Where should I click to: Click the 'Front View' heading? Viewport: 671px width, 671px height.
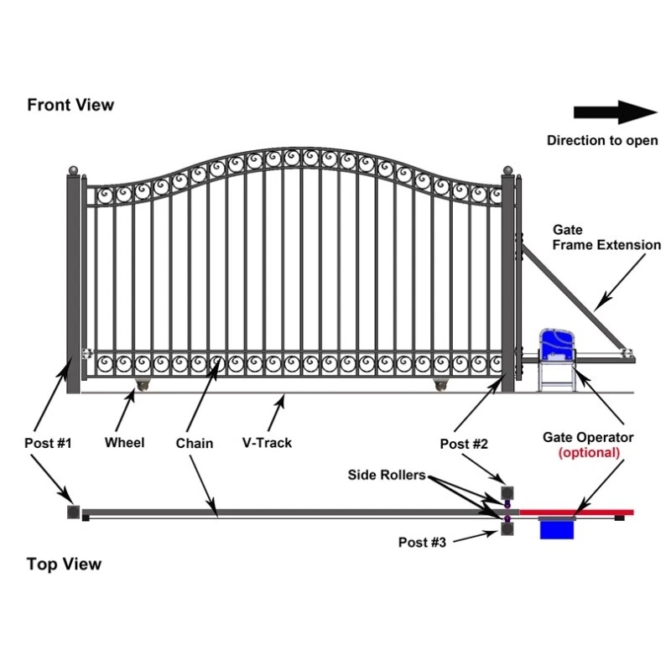coord(70,105)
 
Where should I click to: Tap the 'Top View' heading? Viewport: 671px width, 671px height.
coord(64,564)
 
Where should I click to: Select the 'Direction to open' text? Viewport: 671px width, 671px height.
coord(602,140)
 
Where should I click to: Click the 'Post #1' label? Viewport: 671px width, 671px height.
coord(48,443)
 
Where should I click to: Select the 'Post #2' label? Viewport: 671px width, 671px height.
coord(464,443)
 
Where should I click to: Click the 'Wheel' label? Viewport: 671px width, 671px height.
coord(124,443)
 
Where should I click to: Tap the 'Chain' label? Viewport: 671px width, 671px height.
coord(195,443)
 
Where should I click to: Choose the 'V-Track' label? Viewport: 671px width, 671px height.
coord(267,443)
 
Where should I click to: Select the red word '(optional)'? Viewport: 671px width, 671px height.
coord(589,452)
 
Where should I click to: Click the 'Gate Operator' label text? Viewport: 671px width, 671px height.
coord(588,437)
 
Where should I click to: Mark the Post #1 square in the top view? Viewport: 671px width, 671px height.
coord(74,512)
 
